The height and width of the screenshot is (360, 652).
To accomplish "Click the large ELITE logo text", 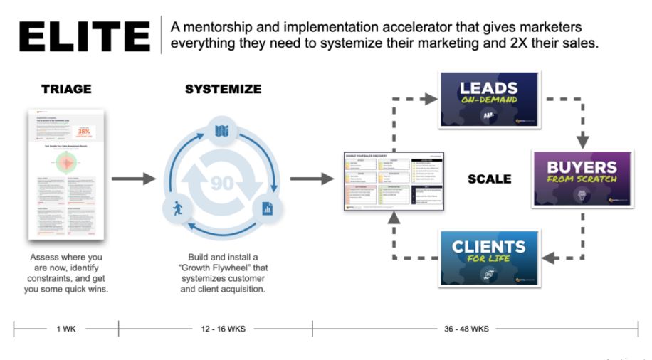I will click(84, 36).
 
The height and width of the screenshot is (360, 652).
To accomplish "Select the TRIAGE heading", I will click(66, 90).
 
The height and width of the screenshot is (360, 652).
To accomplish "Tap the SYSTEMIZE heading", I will click(223, 90).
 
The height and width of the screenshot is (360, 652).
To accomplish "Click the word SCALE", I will click(489, 179).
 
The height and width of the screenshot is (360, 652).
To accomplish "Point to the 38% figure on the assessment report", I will click(83, 132).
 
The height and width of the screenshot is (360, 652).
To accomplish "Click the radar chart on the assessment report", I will click(66, 162).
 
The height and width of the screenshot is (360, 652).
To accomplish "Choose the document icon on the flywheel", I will click(268, 208).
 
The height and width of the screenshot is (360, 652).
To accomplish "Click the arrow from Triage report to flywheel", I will click(134, 179).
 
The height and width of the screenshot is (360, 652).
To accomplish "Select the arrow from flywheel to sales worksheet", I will click(311, 179).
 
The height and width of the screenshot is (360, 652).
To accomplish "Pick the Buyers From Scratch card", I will click(582, 178).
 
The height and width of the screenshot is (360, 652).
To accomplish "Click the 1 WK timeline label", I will click(66, 329).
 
